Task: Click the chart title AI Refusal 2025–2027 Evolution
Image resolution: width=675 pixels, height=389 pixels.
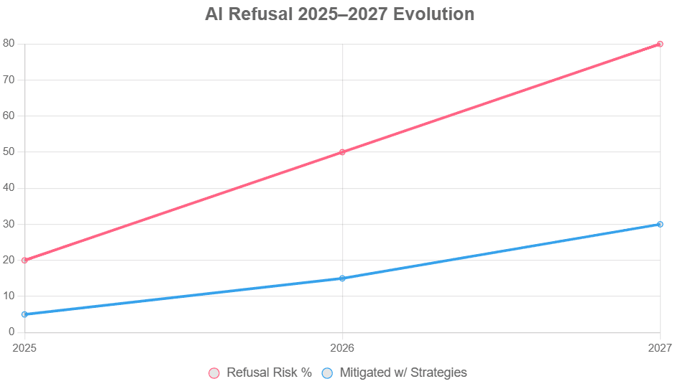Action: pos(339,14)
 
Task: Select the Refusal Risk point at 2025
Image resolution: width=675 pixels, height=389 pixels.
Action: pos(24,260)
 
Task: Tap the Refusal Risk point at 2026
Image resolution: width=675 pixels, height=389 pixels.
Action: pos(342,152)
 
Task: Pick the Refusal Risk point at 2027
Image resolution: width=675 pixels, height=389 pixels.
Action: pos(660,44)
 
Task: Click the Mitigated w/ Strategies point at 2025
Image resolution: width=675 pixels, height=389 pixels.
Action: pos(24,314)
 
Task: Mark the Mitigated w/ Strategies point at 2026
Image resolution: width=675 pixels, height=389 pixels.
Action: pos(342,278)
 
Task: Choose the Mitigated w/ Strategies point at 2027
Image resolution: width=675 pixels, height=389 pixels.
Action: pos(660,224)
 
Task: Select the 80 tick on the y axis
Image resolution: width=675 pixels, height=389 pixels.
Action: pos(9,44)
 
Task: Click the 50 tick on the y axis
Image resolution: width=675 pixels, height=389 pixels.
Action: pos(9,152)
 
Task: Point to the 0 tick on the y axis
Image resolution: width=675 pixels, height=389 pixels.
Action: pos(12,332)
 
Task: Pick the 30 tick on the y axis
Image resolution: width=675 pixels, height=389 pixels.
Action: pos(9,224)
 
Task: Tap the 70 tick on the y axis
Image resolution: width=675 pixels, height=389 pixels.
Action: pos(9,80)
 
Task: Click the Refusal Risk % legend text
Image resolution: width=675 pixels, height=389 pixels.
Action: pos(269,372)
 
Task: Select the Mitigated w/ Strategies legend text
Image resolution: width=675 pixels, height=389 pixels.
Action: pos(403,372)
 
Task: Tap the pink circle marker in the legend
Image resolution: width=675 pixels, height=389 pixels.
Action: pos(214,373)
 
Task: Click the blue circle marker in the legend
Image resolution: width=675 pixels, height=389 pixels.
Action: pos(327,373)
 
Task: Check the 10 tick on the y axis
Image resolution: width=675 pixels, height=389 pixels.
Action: pos(9,296)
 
